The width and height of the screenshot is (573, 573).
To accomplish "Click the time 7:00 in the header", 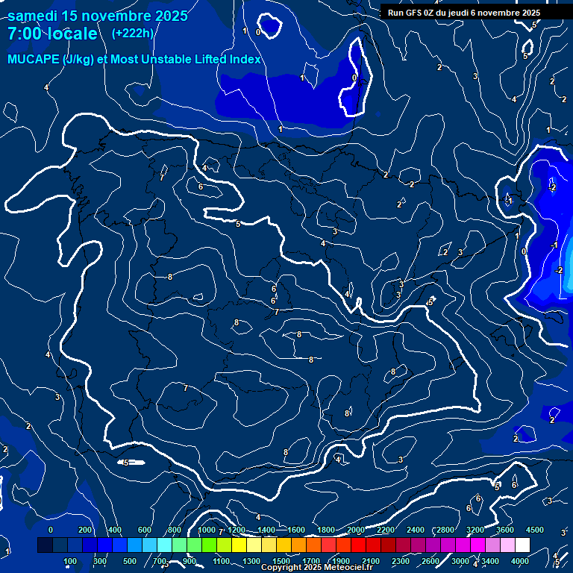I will [x=24, y=34].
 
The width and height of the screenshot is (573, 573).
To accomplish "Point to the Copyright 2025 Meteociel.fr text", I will [x=316, y=568].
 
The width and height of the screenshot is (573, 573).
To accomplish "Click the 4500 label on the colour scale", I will [x=535, y=530].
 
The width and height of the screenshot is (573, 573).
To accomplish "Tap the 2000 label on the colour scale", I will [x=356, y=530].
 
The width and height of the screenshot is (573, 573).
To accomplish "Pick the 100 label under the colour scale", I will [x=70, y=561].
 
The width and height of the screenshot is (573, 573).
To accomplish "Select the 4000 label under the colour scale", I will [x=520, y=561].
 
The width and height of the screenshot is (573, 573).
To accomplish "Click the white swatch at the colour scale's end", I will [x=527, y=545].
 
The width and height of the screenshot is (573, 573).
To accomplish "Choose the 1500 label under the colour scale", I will [x=281, y=561].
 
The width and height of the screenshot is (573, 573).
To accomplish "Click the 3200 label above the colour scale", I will [x=475, y=530].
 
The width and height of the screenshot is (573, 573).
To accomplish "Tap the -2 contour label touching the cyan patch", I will [x=559, y=270].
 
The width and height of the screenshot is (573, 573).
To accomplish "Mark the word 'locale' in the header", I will [x=72, y=34].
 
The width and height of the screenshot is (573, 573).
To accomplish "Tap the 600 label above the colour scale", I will [x=145, y=530].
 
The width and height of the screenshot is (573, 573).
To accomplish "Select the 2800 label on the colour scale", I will [x=445, y=530].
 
